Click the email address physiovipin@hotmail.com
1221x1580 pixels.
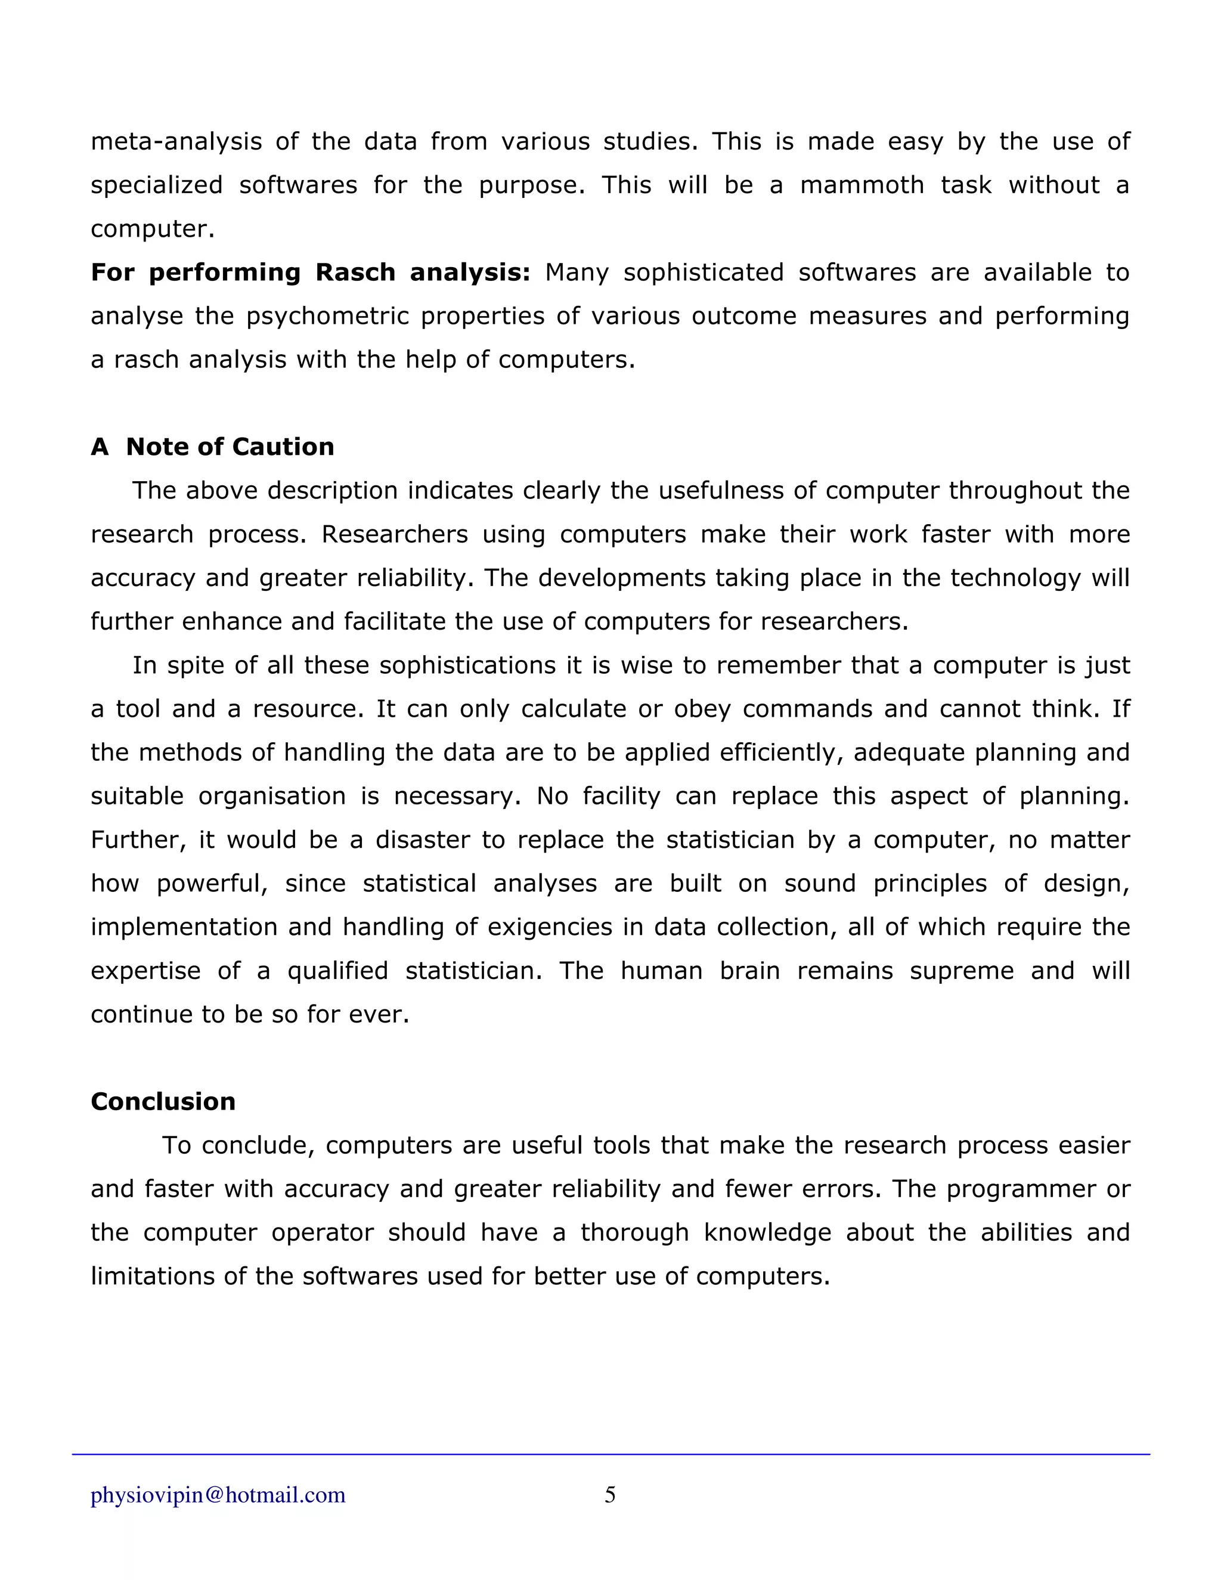point(218,1495)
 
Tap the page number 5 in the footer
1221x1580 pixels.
point(610,1495)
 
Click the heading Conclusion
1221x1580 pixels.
point(163,1101)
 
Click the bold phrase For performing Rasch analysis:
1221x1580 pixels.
point(310,272)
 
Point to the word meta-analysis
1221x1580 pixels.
point(176,141)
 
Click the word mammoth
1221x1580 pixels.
point(861,185)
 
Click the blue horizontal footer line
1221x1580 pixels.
point(610,1454)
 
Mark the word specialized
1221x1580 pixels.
point(156,185)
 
